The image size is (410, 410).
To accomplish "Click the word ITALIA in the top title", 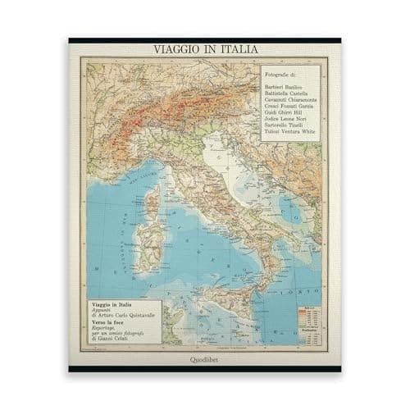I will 234,49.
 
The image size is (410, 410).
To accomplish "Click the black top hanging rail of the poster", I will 205,39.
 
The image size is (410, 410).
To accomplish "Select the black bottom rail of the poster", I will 205,369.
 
